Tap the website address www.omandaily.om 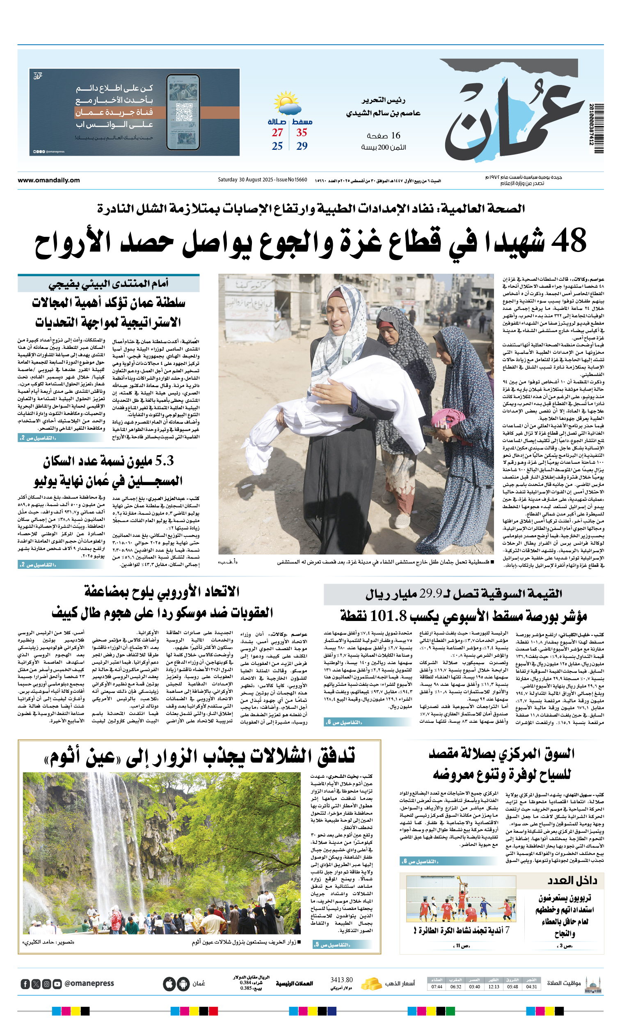click(x=48, y=180)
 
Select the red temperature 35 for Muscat click(x=302, y=133)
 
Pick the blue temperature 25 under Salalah click(x=277, y=146)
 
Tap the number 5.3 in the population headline click(x=164, y=461)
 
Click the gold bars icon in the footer click(x=370, y=984)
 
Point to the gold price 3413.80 click(x=341, y=980)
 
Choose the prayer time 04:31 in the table click(x=531, y=987)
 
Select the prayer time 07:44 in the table click(x=437, y=987)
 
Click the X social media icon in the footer click(x=36, y=984)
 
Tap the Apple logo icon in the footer click(x=169, y=984)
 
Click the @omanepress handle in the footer click(x=89, y=983)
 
